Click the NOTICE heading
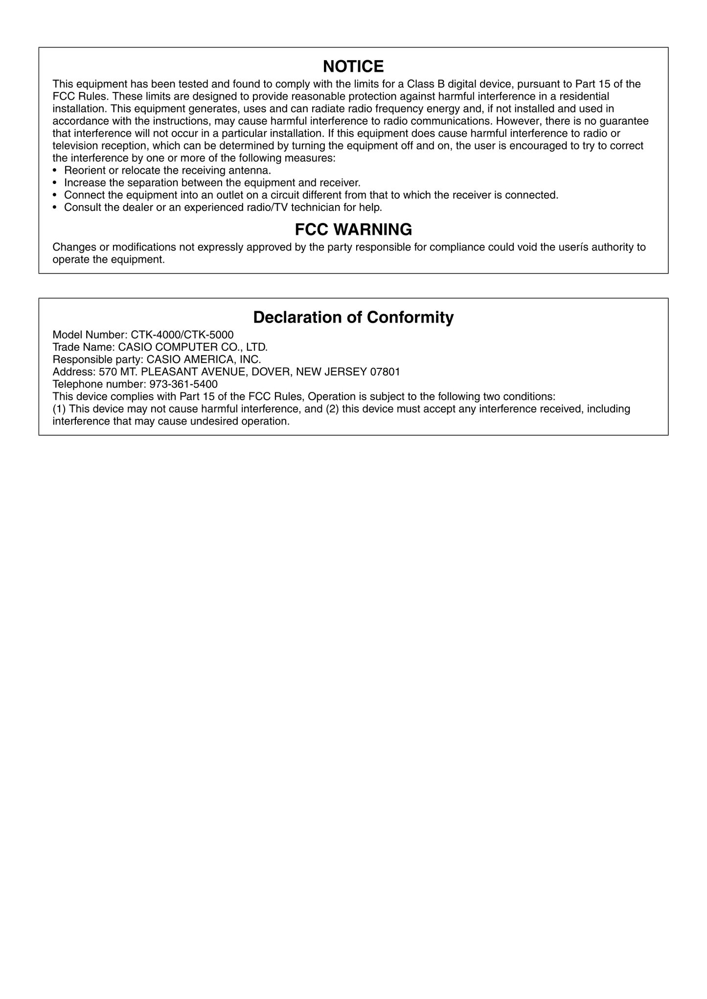coord(353,66)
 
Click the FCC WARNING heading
coord(353,229)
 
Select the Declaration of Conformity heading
coord(353,318)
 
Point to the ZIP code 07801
coord(385,372)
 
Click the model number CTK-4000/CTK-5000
coord(182,335)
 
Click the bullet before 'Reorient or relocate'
coord(55,171)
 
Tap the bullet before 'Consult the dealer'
coord(55,207)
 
